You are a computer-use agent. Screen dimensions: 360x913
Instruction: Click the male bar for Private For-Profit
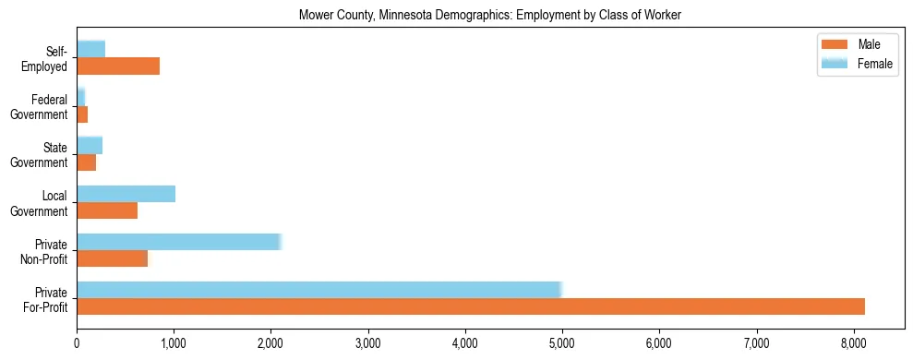tap(471, 306)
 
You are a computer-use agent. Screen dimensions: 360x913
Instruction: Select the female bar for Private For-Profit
tap(319, 290)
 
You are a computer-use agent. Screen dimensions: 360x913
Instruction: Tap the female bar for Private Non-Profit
tap(179, 242)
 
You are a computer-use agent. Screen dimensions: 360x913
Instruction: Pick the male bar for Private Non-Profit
tap(112, 258)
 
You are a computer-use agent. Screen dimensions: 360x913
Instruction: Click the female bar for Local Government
tap(126, 194)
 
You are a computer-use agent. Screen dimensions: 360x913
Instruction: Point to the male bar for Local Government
tap(107, 210)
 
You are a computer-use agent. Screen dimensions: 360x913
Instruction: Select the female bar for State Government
tap(90, 146)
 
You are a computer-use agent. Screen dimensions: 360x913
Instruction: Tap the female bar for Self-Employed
tap(90, 49)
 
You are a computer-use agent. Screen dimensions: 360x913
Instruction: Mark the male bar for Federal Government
tap(82, 114)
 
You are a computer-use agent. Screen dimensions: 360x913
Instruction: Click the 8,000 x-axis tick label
tap(853, 342)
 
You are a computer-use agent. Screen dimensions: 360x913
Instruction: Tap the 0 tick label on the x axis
tap(77, 342)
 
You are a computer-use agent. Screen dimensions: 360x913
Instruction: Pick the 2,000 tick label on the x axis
tap(270, 342)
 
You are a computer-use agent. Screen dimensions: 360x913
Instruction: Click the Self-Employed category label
tap(46, 58)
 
